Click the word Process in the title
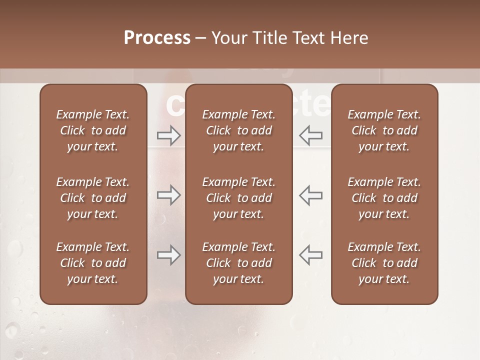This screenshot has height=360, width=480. (157, 38)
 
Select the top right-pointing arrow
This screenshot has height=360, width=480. (168, 135)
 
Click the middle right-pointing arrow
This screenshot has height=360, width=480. (168, 195)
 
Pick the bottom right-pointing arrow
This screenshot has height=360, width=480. (168, 255)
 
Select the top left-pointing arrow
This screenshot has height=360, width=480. (311, 135)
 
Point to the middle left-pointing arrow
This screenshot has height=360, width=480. (311, 195)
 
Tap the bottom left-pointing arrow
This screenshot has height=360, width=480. (311, 255)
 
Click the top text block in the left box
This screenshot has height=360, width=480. (93, 130)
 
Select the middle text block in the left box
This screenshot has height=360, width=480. (93, 198)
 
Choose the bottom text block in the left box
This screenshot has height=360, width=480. (93, 263)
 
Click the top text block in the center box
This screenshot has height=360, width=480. (239, 130)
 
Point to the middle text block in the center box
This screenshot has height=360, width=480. (239, 198)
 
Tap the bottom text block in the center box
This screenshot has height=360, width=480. (239, 263)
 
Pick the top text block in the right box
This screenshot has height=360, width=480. (384, 130)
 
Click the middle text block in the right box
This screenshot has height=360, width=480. (384, 198)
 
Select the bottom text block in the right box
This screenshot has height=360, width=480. (384, 263)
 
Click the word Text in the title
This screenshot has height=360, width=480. (308, 38)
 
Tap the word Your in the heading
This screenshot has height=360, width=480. (229, 38)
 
